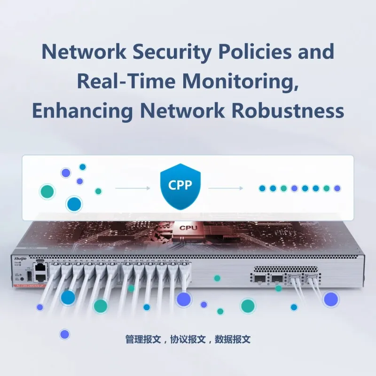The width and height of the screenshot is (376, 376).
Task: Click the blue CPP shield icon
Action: pyautogui.click(x=180, y=186)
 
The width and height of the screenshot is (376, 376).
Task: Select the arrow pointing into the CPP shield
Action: pyautogui.click(x=132, y=188)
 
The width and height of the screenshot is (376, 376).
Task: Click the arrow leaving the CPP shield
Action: pyautogui.click(x=226, y=188)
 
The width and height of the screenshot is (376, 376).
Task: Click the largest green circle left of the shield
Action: pyautogui.click(x=47, y=191)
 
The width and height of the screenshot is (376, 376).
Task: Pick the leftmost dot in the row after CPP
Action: pyautogui.click(x=263, y=188)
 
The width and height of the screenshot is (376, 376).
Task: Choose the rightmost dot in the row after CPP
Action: pyautogui.click(x=337, y=188)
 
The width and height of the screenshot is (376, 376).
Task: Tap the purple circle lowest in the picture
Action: pyautogui.click(x=64, y=334)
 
